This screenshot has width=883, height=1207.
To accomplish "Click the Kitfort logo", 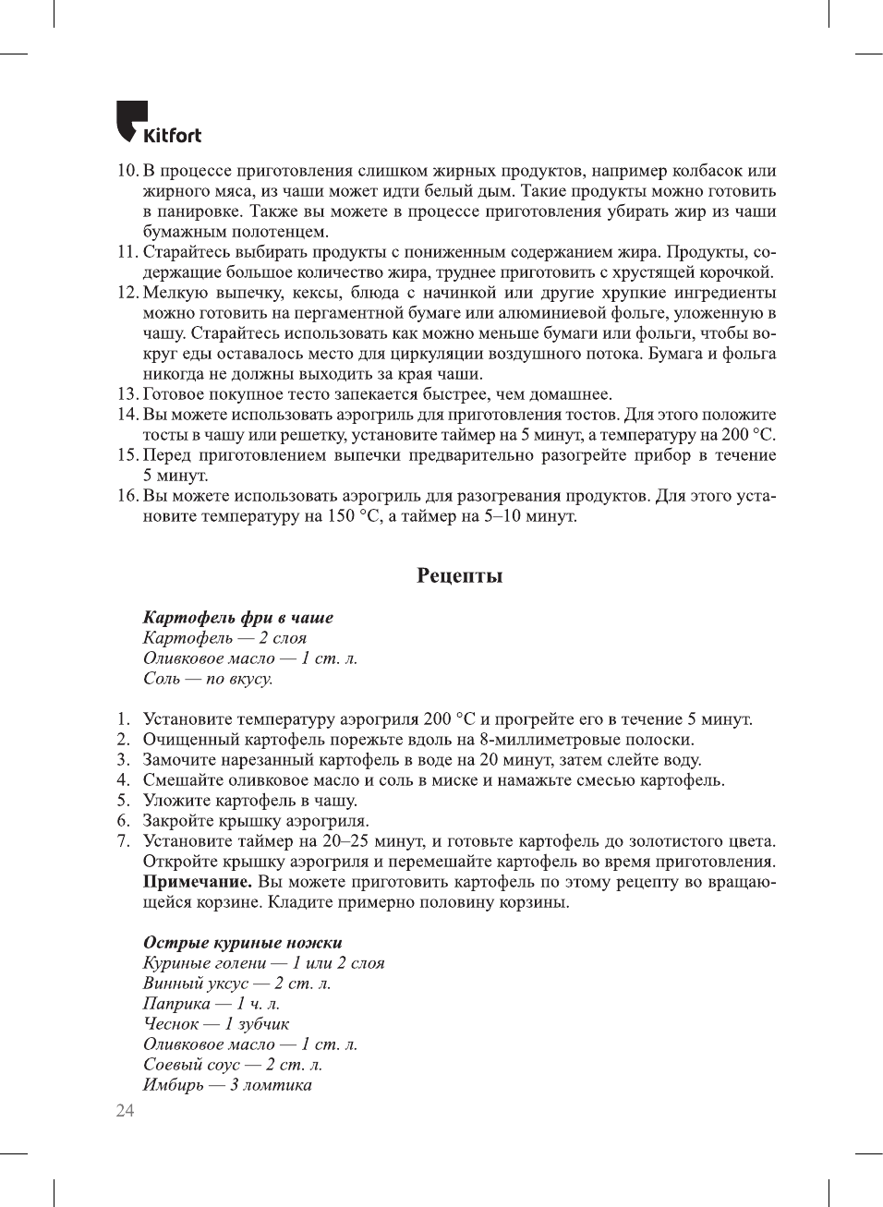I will (x=158, y=123).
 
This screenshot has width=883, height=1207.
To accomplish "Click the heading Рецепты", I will (x=459, y=576).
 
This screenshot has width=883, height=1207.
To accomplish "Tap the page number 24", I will (x=125, y=1110).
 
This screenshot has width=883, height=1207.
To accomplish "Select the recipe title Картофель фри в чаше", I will (x=237, y=618).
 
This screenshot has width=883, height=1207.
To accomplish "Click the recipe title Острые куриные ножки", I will (x=242, y=943).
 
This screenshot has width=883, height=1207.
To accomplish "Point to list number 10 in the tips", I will (x=127, y=171).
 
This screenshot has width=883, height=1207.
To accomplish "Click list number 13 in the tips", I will (x=127, y=394).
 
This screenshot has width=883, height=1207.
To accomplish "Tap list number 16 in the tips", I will (x=127, y=496).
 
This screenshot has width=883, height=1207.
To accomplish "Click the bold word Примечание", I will (x=197, y=882).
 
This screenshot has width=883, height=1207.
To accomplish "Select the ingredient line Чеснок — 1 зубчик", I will (x=215, y=1024).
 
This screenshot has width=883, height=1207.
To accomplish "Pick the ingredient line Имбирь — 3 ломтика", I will (x=226, y=1085).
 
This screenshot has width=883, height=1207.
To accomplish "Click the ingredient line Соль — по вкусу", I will (x=207, y=679).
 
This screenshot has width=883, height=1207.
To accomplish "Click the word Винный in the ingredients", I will (x=173, y=984).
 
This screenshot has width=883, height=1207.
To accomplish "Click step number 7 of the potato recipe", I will (x=123, y=841).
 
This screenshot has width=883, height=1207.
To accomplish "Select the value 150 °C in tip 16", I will (x=354, y=516).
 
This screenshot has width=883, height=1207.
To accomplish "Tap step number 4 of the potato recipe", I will (x=123, y=780).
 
